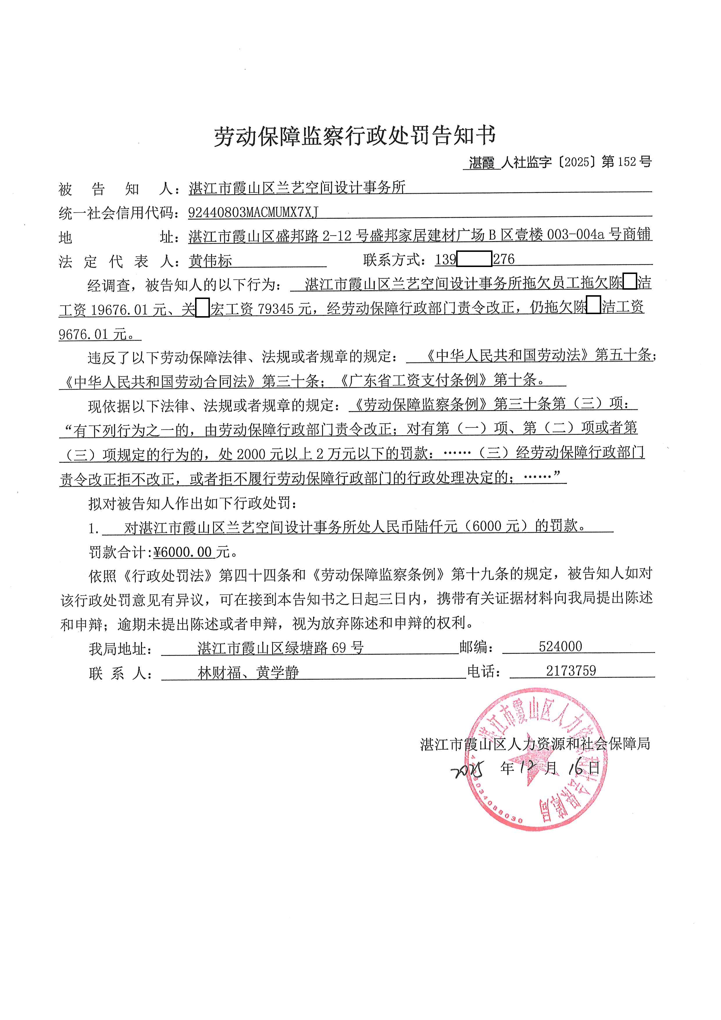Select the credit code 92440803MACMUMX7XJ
253,212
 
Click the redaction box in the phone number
474,259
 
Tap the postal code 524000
560,646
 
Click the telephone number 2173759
571,671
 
